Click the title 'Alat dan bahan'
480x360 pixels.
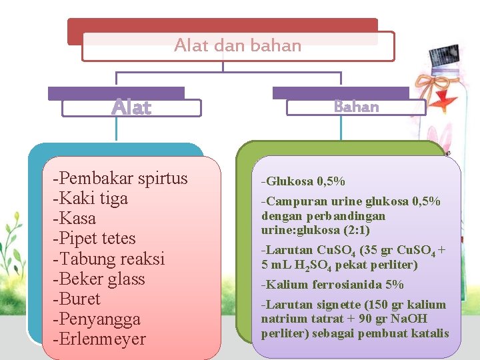pos(237,45)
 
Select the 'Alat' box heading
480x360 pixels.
pos(131,107)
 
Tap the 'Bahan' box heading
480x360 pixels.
pos(356,107)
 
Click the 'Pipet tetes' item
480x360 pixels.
pos(97,239)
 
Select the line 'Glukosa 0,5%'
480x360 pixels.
pos(303,181)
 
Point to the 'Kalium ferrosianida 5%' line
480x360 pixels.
pos(333,285)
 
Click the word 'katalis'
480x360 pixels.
pos(431,333)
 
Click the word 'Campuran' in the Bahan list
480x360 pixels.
pos(292,201)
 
